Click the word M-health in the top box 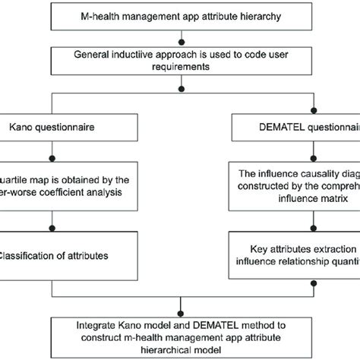tap(97, 15)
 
